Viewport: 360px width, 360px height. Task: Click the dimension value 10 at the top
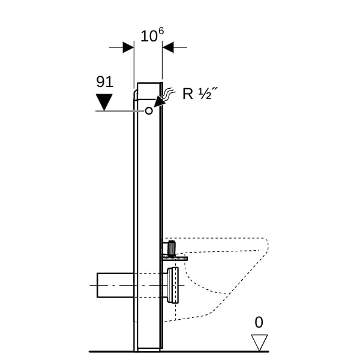[146, 36]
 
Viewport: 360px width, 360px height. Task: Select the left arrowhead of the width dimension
[128, 47]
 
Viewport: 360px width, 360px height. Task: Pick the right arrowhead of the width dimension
[168, 47]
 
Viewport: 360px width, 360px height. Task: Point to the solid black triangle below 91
[104, 101]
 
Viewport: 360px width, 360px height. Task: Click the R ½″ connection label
[199, 94]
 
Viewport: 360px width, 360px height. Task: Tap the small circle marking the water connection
[149, 110]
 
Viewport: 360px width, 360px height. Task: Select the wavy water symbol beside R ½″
[170, 93]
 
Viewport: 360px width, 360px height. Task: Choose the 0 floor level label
[259, 322]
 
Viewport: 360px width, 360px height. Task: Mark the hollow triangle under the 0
[259, 342]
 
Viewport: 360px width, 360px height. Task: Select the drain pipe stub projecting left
[114, 285]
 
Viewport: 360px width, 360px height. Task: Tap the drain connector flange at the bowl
[174, 285]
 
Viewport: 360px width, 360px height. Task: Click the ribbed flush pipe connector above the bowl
[172, 247]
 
